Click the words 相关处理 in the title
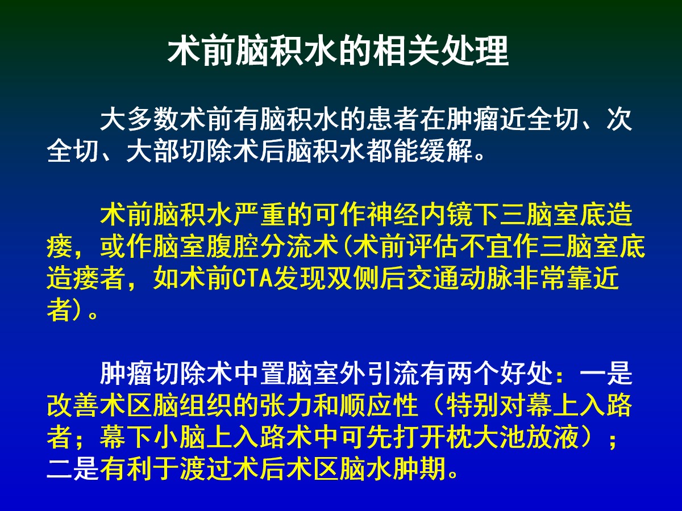pyautogui.click(x=442, y=51)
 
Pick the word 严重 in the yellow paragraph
pyautogui.click(x=260, y=215)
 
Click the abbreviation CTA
pyautogui.click(x=252, y=279)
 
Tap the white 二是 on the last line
pyautogui.click(x=73, y=469)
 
